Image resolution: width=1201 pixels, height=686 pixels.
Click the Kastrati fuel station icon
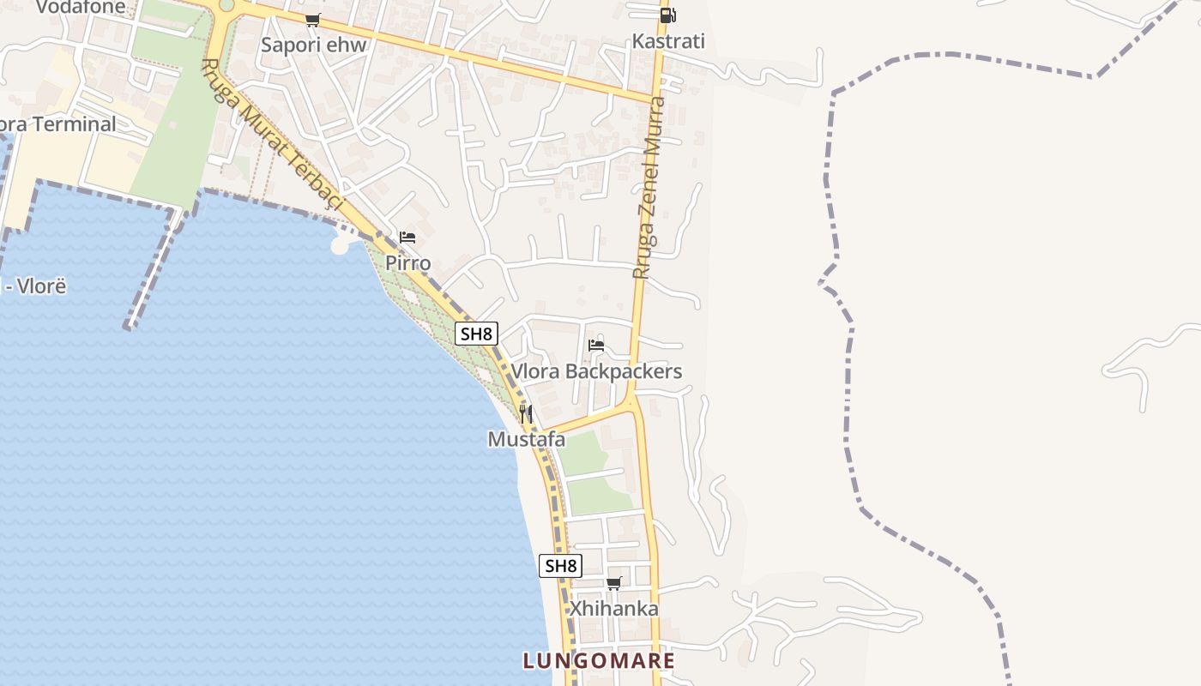tap(667, 15)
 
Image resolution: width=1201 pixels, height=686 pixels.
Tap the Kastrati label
tap(668, 41)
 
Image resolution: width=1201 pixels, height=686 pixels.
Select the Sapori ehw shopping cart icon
tap(313, 20)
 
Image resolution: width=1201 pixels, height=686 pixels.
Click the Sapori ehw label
tap(313, 45)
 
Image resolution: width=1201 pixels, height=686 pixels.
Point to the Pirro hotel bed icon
tap(407, 237)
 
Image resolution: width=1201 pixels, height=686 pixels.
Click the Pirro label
tap(407, 262)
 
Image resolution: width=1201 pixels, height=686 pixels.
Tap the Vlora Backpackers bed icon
tap(596, 346)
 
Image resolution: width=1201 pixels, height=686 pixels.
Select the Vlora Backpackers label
tap(596, 371)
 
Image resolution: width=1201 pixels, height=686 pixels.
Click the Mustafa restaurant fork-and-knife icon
tap(526, 414)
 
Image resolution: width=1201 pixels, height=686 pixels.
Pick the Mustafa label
tap(526, 440)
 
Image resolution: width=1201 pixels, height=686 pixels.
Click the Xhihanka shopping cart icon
tap(613, 584)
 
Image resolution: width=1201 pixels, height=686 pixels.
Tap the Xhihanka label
tap(614, 610)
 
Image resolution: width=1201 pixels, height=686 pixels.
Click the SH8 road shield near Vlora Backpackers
tap(476, 334)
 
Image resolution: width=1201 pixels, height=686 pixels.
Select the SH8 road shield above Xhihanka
tap(561, 566)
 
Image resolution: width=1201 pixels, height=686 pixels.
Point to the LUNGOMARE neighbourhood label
tap(600, 661)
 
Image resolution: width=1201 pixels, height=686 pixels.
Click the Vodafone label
tap(81, 8)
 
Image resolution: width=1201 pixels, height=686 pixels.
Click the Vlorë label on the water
tap(39, 286)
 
